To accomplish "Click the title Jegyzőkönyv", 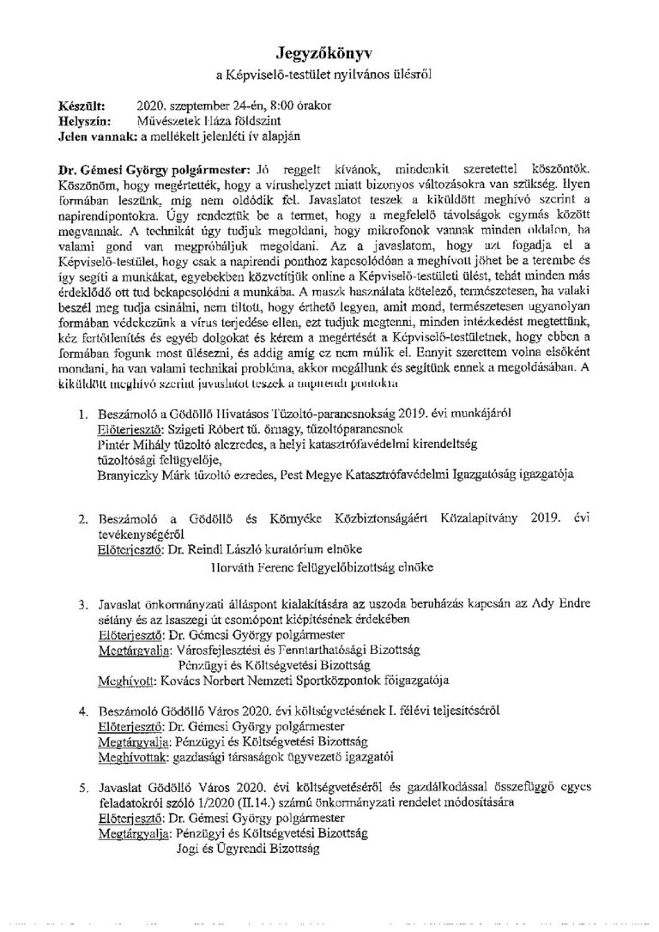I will [329, 53].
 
